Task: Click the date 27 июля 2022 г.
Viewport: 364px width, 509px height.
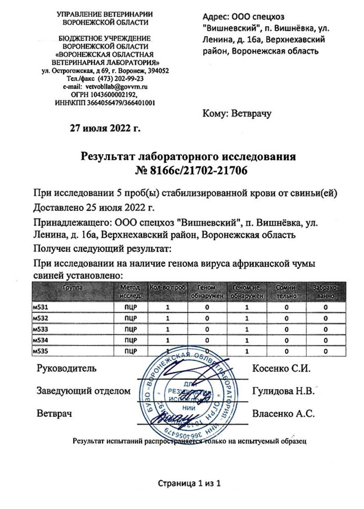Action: click(x=105, y=127)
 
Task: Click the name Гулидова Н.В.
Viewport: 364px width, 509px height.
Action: click(x=283, y=391)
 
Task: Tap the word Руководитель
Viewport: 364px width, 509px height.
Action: click(x=66, y=368)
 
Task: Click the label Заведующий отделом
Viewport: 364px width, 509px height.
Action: click(x=83, y=391)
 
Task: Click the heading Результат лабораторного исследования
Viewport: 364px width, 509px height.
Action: click(x=189, y=157)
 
